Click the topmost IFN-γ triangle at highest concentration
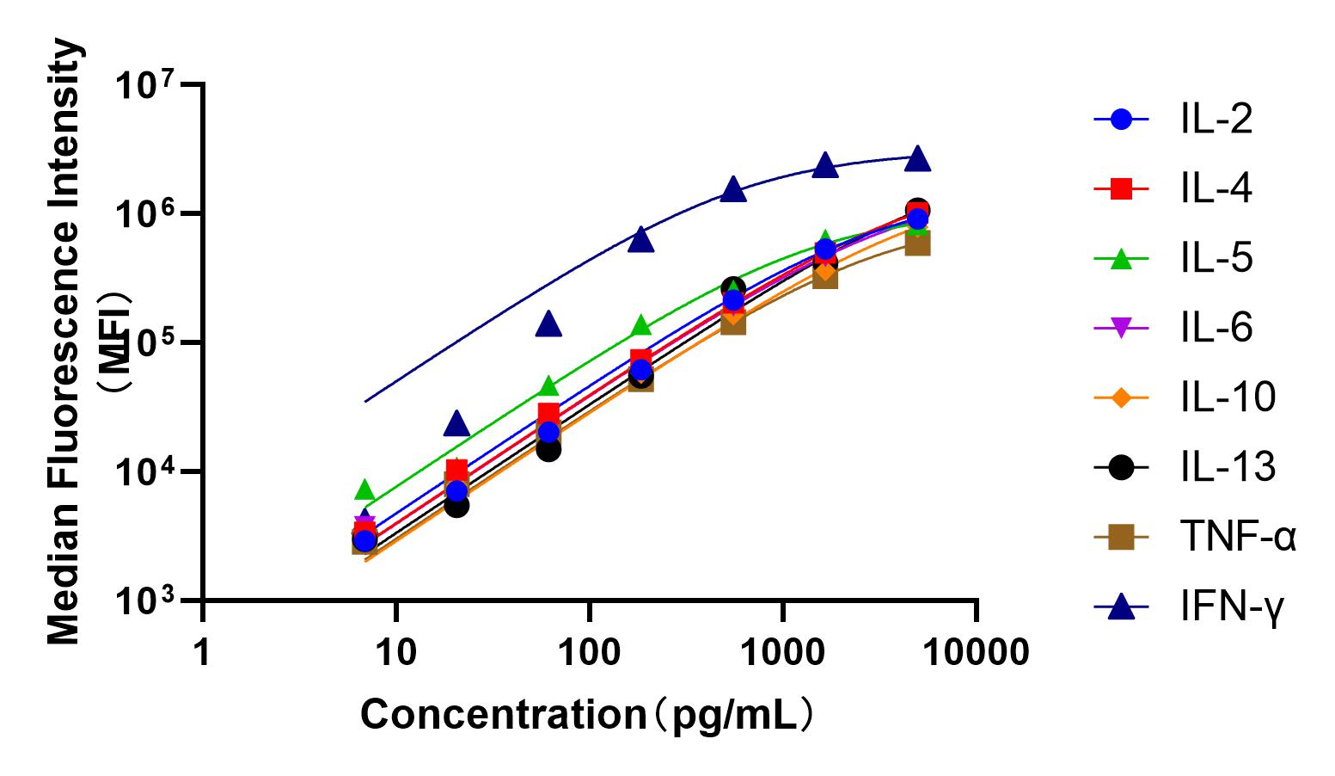pos(917,158)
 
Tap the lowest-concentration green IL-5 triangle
pos(364,490)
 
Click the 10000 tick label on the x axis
pos(976,653)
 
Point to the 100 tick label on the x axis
pos(589,653)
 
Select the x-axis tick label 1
pos(202,653)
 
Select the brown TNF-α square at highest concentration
pos(917,244)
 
